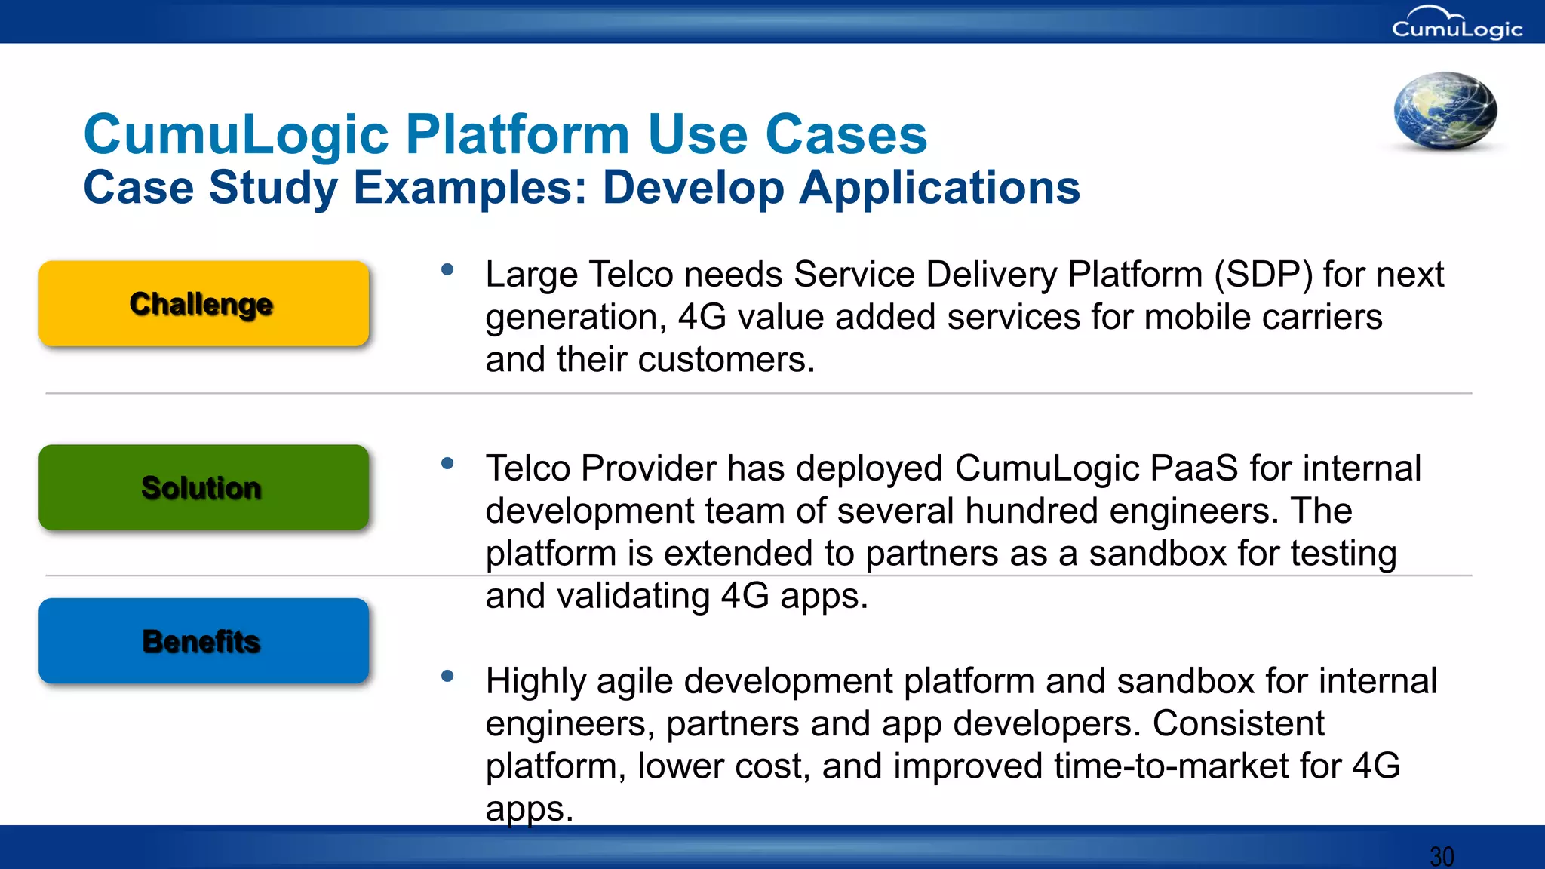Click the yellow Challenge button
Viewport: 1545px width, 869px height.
tap(204, 304)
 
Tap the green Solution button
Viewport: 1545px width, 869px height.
tap(204, 487)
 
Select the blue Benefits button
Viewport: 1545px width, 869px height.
tap(204, 641)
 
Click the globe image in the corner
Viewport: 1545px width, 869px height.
tap(1445, 111)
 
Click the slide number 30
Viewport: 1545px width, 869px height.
tap(1442, 856)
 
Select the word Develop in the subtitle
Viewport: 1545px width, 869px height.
tap(693, 188)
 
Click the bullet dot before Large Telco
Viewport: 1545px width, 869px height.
tap(447, 269)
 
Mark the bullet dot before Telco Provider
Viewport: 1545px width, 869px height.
tap(447, 463)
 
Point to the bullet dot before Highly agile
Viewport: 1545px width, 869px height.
tap(447, 676)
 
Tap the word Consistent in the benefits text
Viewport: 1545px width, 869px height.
tap(1237, 724)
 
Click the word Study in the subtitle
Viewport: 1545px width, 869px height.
tap(273, 188)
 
